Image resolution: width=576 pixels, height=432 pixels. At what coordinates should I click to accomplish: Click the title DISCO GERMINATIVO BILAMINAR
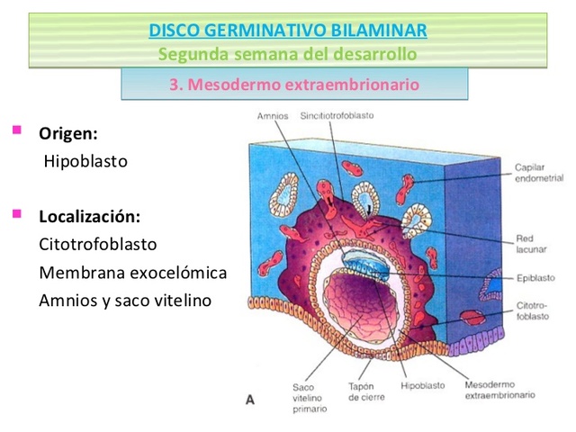coord(287,32)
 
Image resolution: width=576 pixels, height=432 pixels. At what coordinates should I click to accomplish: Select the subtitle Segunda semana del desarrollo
coord(287,54)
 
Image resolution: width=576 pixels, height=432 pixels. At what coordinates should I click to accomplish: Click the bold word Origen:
coord(67,134)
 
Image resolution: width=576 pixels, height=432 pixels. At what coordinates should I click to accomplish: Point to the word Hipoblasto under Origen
coord(86,162)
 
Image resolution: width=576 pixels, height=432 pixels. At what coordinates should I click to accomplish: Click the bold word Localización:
coord(89,217)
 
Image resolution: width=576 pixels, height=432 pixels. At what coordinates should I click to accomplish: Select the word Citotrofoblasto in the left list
coord(98,244)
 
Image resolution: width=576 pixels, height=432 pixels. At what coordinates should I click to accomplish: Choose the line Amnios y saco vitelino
coord(124,300)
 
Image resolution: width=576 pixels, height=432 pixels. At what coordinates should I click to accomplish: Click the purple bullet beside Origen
coord(16,132)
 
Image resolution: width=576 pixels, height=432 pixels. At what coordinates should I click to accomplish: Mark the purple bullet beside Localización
coord(16,215)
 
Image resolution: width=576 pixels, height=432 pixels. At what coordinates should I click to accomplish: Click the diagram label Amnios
coord(272,116)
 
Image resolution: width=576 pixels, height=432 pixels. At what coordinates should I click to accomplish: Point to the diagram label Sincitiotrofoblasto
coord(337,116)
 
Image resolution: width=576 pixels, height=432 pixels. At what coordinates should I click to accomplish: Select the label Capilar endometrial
coord(538,173)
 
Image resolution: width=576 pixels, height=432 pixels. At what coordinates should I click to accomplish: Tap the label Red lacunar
coord(527,244)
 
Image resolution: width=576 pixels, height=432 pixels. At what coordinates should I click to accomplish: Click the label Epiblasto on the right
coord(535,278)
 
